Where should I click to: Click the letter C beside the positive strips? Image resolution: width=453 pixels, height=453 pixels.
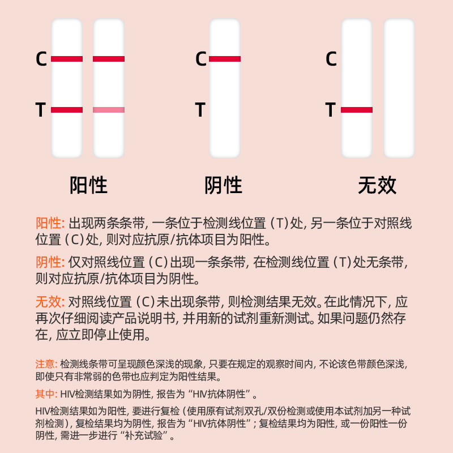coord(41,59)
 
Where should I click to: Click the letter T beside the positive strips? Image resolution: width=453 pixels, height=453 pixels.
coord(41,110)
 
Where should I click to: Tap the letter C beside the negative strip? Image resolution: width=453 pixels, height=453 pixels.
coord(201,59)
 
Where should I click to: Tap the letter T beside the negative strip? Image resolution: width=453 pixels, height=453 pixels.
coord(200,110)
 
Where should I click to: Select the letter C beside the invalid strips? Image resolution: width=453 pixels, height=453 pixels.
coord(331,59)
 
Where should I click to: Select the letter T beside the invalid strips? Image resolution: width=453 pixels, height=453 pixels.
coord(331,110)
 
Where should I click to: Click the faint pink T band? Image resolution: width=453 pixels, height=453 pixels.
coord(109,110)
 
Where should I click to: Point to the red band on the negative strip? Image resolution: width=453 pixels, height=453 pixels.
coord(225,59)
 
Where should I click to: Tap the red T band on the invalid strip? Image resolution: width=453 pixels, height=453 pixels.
coord(357,110)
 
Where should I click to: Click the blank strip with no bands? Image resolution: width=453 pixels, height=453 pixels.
coord(399,88)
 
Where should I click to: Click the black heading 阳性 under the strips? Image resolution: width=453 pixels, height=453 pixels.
coord(88,186)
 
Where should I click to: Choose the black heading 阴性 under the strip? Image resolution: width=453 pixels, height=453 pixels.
coord(223,186)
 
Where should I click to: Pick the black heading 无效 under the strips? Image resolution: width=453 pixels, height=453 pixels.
coord(377,186)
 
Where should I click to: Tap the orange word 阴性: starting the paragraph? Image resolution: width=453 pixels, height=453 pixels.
coord(50,263)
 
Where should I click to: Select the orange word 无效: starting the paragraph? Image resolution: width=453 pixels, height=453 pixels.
coord(50,302)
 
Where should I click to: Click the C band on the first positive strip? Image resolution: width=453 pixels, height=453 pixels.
coord(67,59)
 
